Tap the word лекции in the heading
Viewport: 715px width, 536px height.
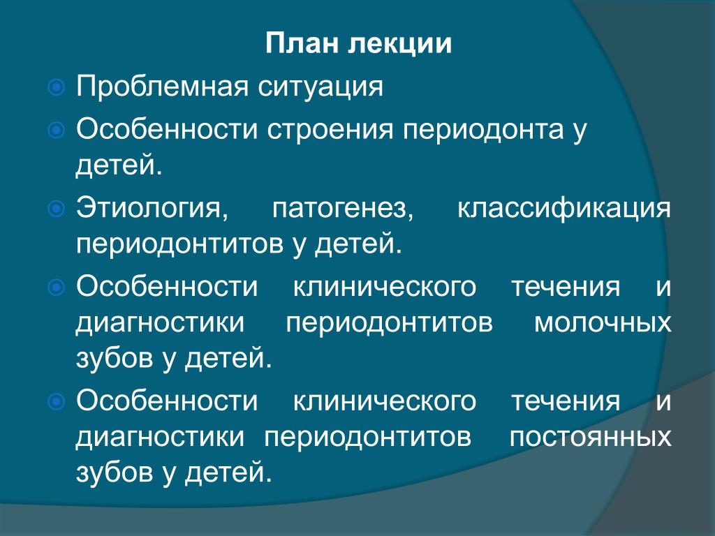(400, 45)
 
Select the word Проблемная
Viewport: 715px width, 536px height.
(162, 87)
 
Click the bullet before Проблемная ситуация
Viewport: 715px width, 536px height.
(56, 87)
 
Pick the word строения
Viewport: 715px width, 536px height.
(330, 130)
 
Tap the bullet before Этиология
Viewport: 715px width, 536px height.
(56, 209)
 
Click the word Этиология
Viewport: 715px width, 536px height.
(152, 209)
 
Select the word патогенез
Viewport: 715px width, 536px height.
(342, 209)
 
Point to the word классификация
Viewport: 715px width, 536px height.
(564, 209)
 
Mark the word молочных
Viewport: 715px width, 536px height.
(603, 322)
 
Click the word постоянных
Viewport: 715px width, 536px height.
(591, 437)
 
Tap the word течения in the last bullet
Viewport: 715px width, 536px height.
(566, 401)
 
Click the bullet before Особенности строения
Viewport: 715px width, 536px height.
(56, 131)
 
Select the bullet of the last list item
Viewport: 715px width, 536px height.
(56, 401)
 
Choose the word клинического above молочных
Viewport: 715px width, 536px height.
(385, 287)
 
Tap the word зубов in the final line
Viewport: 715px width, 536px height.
(115, 472)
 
